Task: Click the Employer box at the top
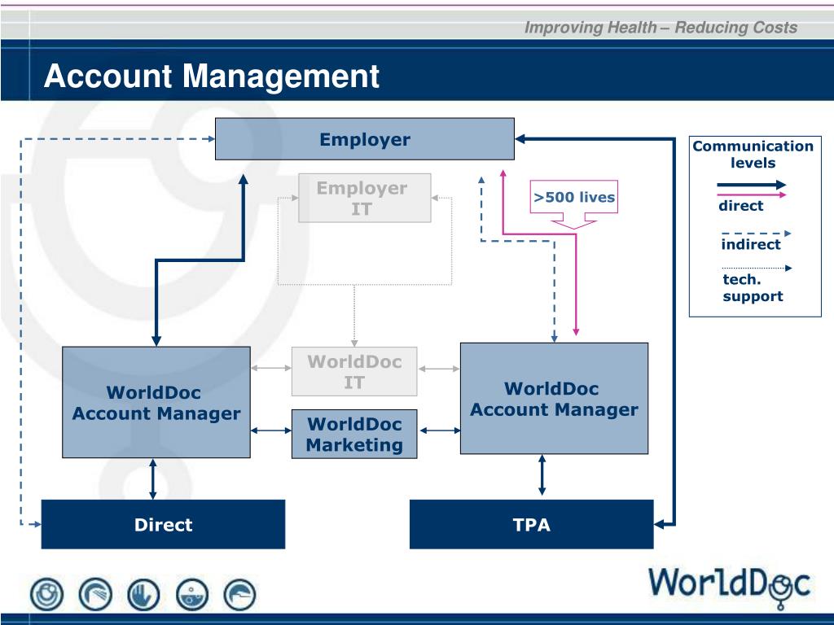click(x=364, y=138)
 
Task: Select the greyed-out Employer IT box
click(x=364, y=198)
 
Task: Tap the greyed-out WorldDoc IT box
click(x=354, y=371)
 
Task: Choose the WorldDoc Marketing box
click(x=354, y=435)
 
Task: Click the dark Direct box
click(x=163, y=524)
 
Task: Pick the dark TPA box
click(x=531, y=524)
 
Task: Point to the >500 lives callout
click(x=574, y=204)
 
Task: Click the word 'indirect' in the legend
click(x=750, y=244)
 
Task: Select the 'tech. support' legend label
click(x=753, y=287)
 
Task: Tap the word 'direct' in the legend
click(x=740, y=206)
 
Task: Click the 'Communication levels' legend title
click(x=753, y=154)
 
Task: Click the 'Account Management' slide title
click(x=212, y=76)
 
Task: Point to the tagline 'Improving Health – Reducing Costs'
click(x=661, y=27)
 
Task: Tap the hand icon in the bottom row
click(x=143, y=594)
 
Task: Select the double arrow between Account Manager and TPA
click(x=542, y=475)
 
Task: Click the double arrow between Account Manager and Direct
click(x=152, y=479)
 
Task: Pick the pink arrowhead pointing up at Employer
click(x=503, y=173)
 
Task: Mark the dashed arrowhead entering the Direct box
click(x=37, y=524)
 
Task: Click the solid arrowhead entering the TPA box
click(x=659, y=524)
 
